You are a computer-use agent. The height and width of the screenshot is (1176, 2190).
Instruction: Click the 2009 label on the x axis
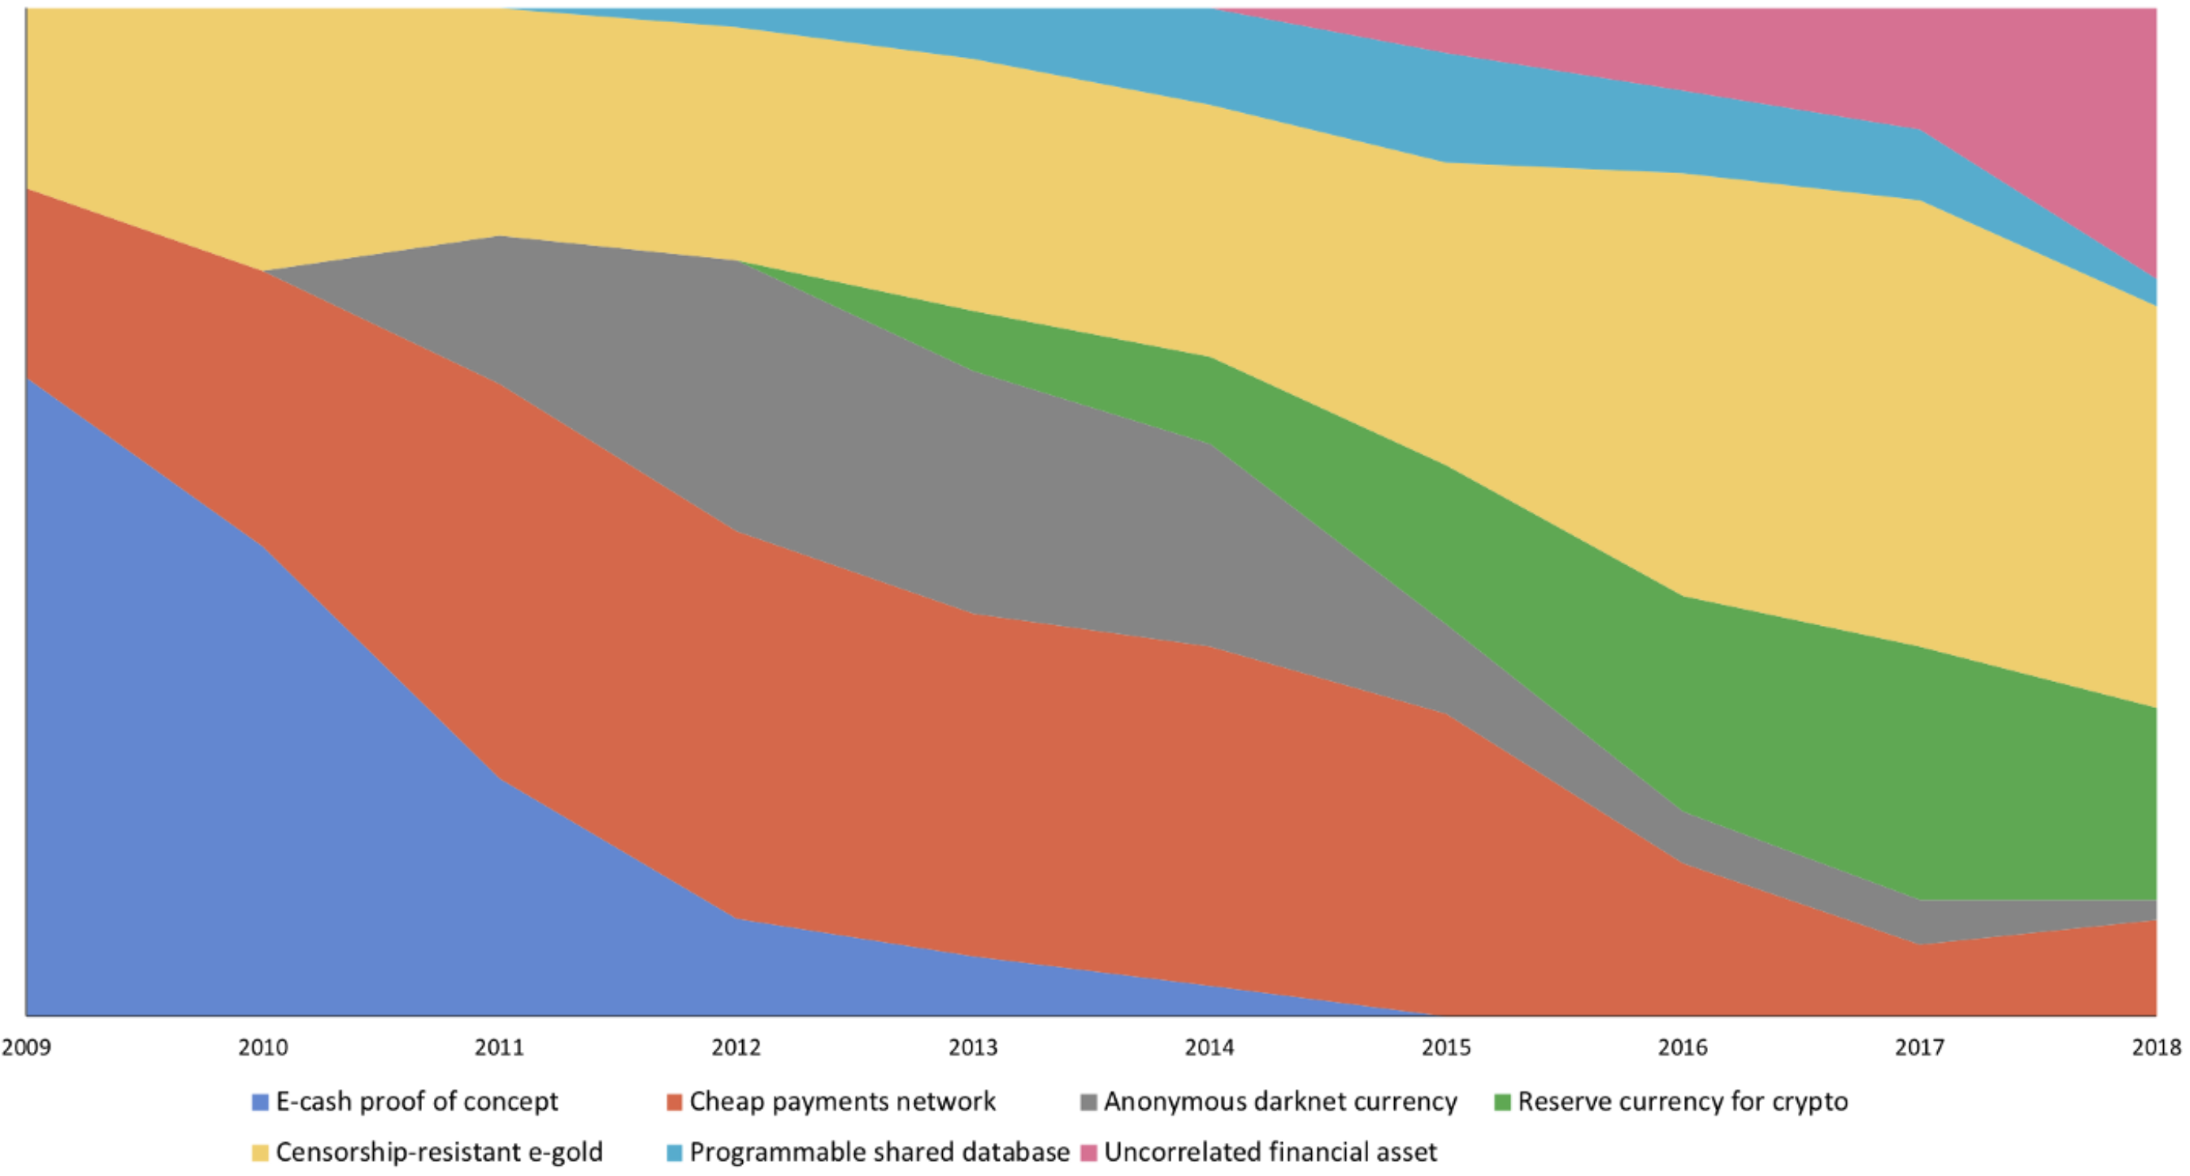(25, 1046)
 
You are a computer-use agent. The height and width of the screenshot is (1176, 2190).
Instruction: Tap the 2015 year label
(1446, 1046)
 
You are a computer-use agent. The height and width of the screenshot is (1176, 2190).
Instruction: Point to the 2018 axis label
(2157, 1046)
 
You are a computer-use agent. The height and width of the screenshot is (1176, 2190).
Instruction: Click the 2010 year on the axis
(262, 1046)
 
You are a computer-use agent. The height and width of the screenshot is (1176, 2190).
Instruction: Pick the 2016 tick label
(1683, 1046)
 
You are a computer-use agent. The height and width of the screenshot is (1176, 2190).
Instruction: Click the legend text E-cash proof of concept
(417, 1102)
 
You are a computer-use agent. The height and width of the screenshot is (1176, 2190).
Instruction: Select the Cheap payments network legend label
(842, 1102)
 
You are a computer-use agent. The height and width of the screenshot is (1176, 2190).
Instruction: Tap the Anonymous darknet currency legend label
(1280, 1102)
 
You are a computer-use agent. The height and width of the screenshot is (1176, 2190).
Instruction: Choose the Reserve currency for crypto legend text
(1683, 1102)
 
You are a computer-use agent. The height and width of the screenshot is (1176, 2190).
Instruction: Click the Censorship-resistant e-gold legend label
(439, 1152)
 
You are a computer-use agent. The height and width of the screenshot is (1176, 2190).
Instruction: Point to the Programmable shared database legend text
(880, 1152)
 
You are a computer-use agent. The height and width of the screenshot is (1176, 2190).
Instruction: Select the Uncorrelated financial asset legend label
(1270, 1152)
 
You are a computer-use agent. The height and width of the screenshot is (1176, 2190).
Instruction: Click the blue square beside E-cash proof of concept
(260, 1102)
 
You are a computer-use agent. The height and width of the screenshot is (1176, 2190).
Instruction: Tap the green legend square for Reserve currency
(1502, 1102)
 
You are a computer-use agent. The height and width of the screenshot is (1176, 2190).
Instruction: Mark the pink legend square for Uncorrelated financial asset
(1088, 1153)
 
